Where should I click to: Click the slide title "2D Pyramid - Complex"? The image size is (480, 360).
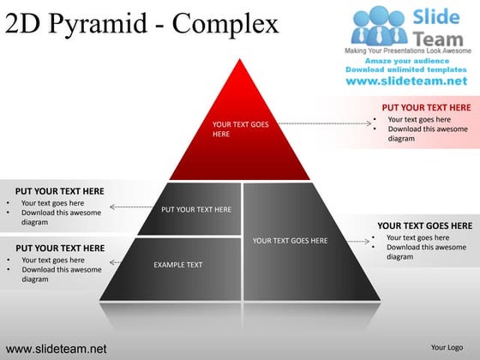click(142, 23)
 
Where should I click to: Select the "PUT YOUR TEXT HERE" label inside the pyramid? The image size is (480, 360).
click(196, 209)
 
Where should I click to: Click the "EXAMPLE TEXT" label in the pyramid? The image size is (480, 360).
click(178, 265)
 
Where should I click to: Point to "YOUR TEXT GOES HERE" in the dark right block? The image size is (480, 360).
click(290, 241)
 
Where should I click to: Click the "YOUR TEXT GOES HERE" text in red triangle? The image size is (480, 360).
click(240, 129)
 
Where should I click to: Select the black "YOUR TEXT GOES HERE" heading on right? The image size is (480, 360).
click(424, 225)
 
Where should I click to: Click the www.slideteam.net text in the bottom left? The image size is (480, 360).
click(57, 349)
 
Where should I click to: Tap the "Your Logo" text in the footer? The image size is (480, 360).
click(447, 347)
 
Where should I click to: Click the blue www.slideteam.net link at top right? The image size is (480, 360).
click(406, 81)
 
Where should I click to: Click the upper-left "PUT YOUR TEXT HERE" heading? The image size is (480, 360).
click(60, 191)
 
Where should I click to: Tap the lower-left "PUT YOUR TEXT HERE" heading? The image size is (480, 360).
click(60, 249)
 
